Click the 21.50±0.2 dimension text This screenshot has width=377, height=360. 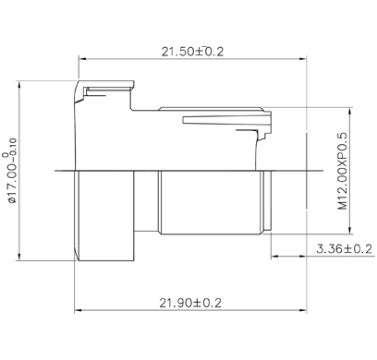[x=192, y=52]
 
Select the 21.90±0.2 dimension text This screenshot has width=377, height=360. [x=190, y=303]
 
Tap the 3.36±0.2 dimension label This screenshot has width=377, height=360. [x=345, y=248]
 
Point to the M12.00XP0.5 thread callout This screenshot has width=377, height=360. [x=342, y=171]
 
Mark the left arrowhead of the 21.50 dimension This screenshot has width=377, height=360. [x=82, y=58]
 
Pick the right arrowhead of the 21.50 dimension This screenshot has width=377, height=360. [x=303, y=58]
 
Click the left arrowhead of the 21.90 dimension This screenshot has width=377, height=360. [x=79, y=310]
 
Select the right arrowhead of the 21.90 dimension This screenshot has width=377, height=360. [x=303, y=310]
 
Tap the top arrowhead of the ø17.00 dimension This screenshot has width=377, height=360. [x=19, y=85]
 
